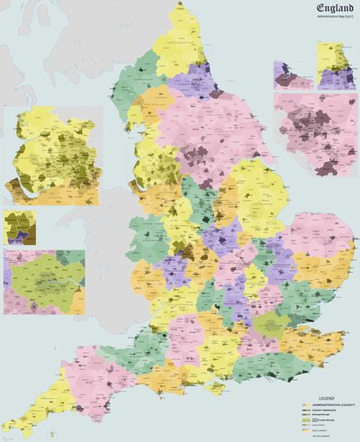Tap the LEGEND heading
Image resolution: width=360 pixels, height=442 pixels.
(326, 398)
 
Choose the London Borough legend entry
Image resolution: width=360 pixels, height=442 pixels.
(328, 419)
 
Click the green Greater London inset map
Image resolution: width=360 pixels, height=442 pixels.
(44, 281)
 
